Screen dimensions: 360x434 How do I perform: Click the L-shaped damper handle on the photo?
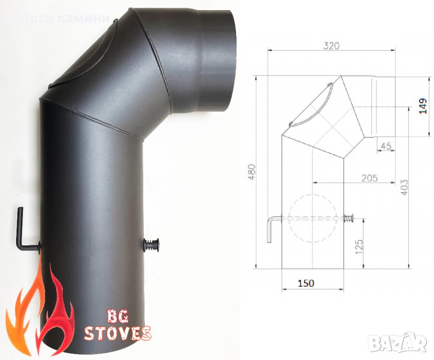click(x=25, y=231)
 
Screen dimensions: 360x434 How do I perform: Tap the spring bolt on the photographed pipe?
click(x=150, y=245)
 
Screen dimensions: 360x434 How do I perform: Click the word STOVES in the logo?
click(x=117, y=332)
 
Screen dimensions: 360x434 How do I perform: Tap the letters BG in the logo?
click(x=116, y=315)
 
